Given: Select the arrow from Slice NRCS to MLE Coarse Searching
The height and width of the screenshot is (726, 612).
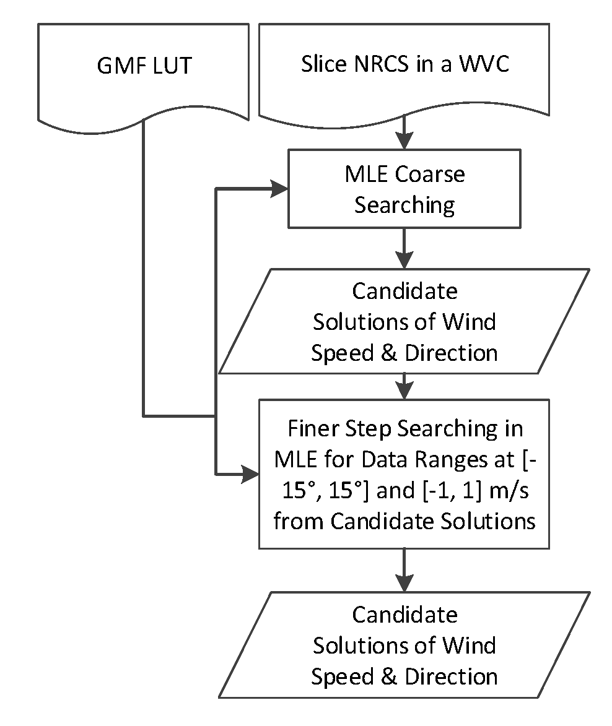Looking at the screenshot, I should (x=404, y=132).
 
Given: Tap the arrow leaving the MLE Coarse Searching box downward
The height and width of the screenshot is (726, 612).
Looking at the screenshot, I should (x=404, y=248).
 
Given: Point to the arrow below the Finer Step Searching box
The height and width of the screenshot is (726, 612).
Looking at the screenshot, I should (x=404, y=570).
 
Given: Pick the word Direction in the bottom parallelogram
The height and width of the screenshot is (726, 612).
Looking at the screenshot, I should (x=451, y=676).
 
